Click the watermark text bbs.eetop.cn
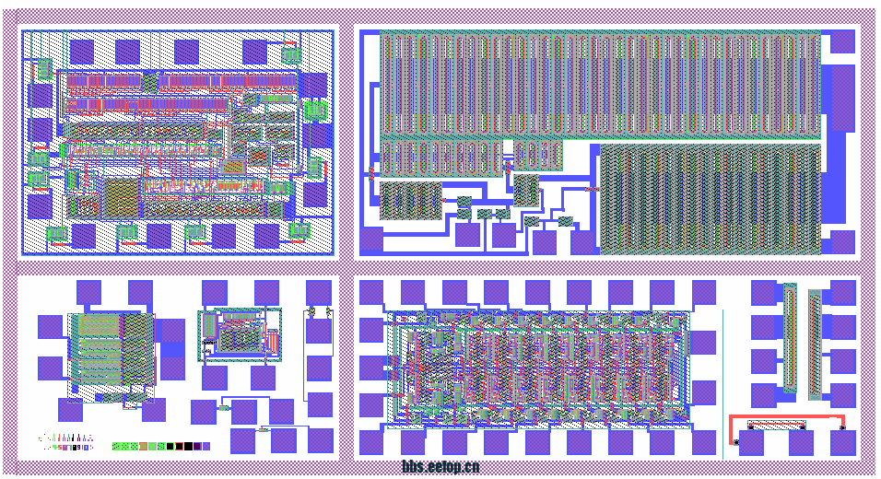coord(440,467)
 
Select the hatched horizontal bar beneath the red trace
coord(776,426)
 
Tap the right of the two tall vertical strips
coord(814,345)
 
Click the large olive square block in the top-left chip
coord(118,196)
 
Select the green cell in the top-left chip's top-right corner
coord(291,55)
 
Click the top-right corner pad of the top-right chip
coord(842,41)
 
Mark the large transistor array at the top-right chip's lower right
coord(710,198)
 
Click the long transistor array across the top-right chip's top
coord(599,83)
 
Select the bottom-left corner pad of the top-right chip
coord(370,240)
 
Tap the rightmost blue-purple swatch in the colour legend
coord(206,446)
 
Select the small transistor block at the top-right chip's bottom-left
coord(411,201)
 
